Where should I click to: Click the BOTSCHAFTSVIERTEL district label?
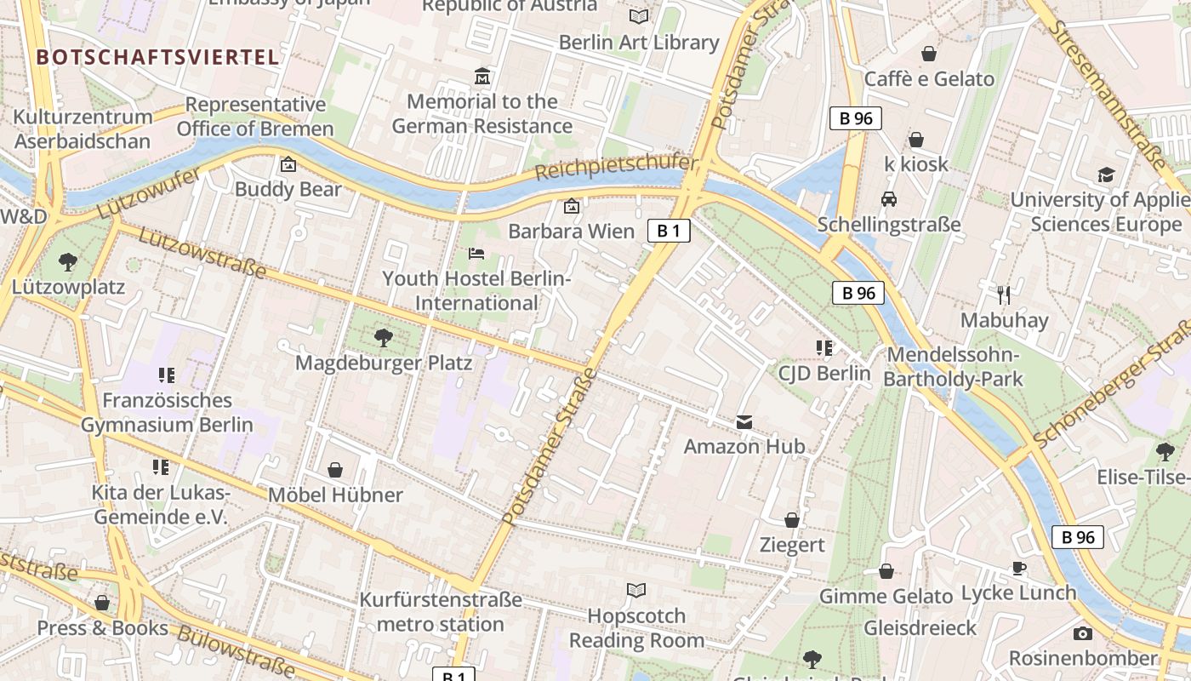(157, 57)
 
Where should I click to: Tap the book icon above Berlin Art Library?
(638, 16)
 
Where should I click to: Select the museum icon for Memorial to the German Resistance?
(482, 77)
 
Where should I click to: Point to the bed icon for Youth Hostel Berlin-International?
(476, 254)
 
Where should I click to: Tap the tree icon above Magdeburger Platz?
(384, 338)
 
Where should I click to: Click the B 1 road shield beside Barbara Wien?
(668, 231)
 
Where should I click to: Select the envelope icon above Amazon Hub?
(744, 422)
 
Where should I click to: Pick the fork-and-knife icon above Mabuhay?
(1004, 295)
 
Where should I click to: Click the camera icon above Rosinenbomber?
(1083, 633)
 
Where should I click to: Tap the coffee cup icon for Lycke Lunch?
(1018, 568)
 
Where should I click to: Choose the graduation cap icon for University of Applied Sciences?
(1106, 175)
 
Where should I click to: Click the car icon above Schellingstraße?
(889, 199)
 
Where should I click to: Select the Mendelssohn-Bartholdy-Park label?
(953, 367)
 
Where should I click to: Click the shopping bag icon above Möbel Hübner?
(335, 470)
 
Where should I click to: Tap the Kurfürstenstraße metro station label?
(440, 612)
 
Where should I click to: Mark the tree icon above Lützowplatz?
(68, 262)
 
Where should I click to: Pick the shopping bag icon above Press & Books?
(102, 603)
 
